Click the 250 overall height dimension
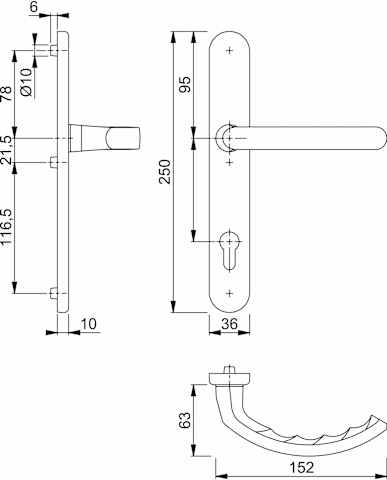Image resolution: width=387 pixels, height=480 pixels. (165, 171)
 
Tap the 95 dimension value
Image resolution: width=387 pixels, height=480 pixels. (185, 85)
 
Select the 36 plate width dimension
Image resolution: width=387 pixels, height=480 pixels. (229, 324)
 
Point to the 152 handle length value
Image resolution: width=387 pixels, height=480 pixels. (301, 467)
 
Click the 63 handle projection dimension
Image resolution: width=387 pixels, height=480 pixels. (185, 420)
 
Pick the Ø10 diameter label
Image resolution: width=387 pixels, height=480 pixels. (27, 82)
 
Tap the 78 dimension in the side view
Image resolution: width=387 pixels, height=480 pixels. (6, 94)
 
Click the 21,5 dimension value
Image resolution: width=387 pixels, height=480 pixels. (6, 150)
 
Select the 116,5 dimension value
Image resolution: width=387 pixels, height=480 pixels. (6, 227)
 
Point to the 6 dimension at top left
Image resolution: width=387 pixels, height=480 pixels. (34, 7)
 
